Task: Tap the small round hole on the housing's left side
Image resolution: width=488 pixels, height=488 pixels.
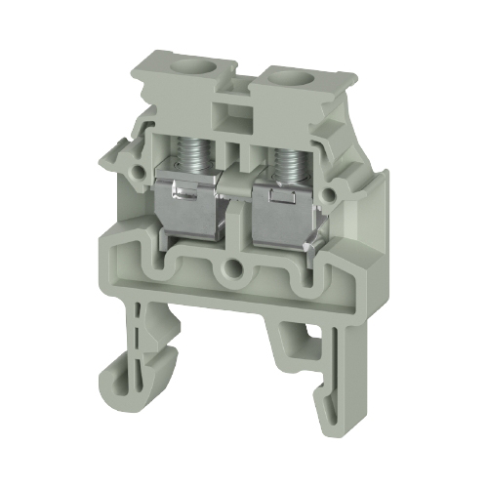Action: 133,167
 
